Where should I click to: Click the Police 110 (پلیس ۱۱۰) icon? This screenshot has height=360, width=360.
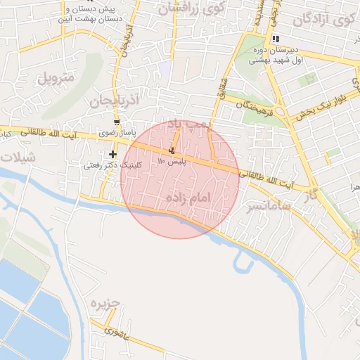(172, 150)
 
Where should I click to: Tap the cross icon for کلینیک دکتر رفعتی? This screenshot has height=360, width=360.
(112, 154)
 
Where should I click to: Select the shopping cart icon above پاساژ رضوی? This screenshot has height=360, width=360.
(116, 122)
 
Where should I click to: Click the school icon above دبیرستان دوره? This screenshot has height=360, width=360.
(276, 39)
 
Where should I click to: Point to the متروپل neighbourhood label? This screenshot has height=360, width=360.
(55, 77)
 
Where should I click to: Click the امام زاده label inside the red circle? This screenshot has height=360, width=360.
(188, 199)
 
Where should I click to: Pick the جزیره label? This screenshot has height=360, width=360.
(105, 304)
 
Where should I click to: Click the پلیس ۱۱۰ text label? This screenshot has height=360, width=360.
(171, 162)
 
